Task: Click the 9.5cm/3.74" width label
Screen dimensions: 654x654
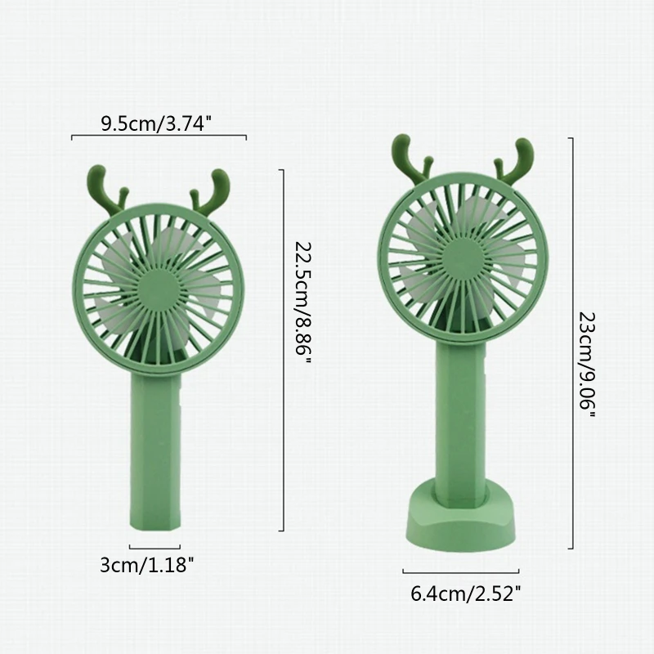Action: click(156, 124)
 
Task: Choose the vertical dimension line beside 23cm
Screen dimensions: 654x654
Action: click(570, 343)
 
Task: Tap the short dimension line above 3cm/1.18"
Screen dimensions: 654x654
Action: click(154, 547)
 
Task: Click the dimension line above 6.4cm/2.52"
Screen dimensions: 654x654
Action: click(460, 571)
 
